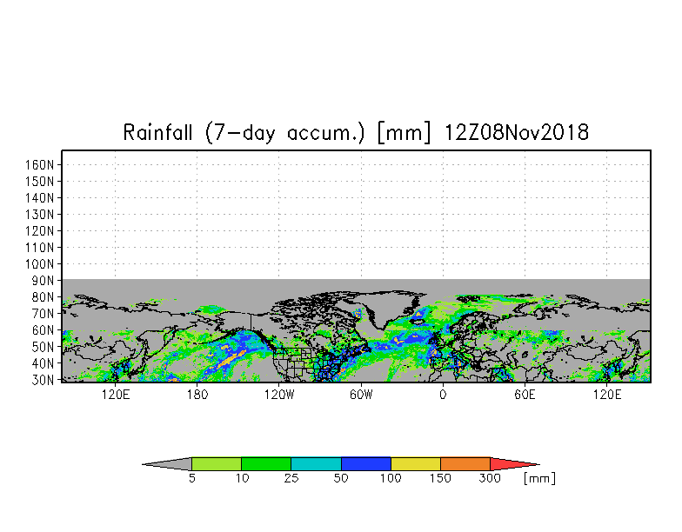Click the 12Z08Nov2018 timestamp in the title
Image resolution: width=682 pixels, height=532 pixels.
click(x=517, y=133)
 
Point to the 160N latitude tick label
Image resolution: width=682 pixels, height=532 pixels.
click(x=43, y=165)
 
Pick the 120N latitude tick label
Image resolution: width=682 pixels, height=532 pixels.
click(x=43, y=231)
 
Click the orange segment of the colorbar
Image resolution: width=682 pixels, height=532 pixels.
click(x=465, y=464)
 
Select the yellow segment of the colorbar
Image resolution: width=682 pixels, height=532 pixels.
click(x=416, y=464)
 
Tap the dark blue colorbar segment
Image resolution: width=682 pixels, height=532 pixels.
click(x=366, y=464)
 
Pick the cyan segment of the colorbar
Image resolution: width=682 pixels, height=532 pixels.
click(x=316, y=464)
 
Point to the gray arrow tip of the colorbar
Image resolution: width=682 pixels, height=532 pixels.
click(x=170, y=464)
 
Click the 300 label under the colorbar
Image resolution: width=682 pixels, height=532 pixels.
click(x=491, y=479)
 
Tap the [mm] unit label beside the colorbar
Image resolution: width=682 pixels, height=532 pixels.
click(x=539, y=479)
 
